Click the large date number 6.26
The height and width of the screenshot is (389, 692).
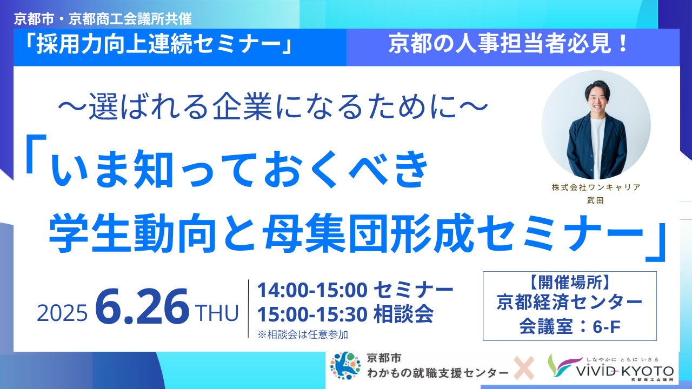pos(142,306)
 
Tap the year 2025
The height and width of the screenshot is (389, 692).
pos(62,313)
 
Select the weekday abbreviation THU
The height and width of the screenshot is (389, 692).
pos(217,313)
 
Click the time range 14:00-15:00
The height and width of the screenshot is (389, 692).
pos(312,290)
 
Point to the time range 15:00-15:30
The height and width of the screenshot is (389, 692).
pos(312,314)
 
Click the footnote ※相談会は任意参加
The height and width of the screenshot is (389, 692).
pos(303,334)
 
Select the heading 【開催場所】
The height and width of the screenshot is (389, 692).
pos(570,282)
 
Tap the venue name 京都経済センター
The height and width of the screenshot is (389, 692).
pos(570,302)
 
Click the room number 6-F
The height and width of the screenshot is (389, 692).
pos(607,327)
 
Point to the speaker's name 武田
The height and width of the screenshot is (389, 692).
pos(596,200)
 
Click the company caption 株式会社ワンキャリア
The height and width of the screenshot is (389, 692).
pos(596,187)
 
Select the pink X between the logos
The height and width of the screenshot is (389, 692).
pos(524,368)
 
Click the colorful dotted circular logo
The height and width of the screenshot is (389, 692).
pos(345,366)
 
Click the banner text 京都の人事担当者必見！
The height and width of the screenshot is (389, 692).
pos(509,44)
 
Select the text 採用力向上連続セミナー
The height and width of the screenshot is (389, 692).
pos(158,44)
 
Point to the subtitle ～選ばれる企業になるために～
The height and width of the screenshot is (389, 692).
pos(273,107)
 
